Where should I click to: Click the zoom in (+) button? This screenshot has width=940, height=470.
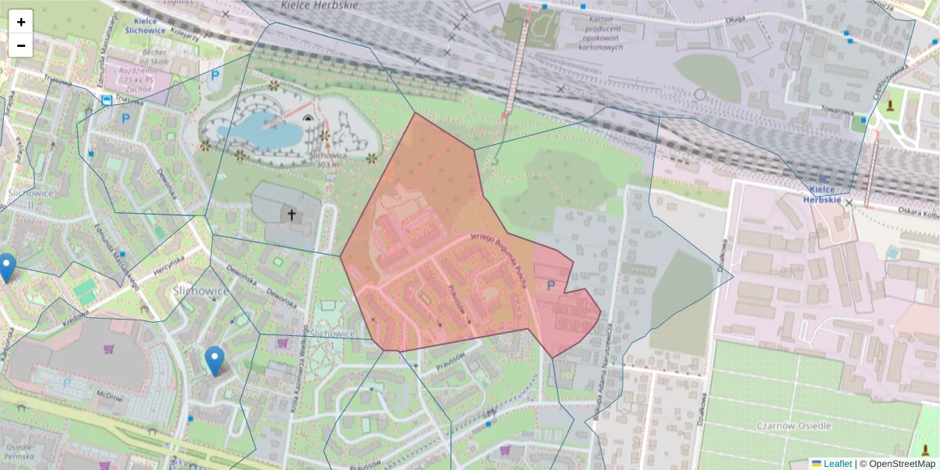(21, 22)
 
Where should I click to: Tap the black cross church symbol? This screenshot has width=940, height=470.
(291, 214)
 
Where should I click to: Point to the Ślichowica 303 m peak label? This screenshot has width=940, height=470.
(329, 160)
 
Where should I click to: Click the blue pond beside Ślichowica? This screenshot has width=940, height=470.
(258, 129)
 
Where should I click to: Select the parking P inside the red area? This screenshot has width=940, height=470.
(551, 286)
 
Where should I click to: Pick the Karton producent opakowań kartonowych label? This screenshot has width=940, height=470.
(598, 34)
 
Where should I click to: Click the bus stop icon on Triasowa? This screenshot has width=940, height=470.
(106, 99)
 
